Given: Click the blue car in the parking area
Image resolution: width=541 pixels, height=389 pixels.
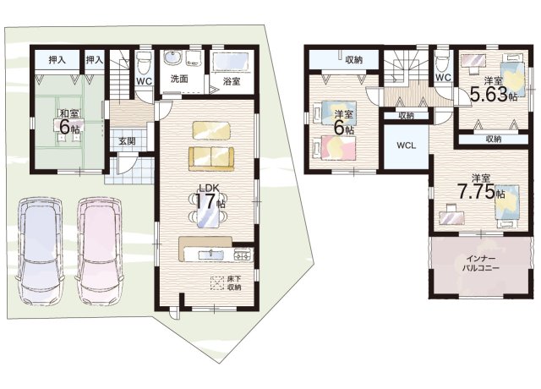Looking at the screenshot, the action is pyautogui.click(x=40, y=251).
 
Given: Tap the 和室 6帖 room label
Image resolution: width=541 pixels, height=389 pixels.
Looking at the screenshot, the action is pyautogui.click(x=69, y=122).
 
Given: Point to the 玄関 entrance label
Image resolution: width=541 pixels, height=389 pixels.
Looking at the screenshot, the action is pyautogui.click(x=128, y=141).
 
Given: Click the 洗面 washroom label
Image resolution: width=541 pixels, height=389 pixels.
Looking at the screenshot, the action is pyautogui.click(x=179, y=79).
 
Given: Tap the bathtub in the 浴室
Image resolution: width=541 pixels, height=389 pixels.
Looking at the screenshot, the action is pyautogui.click(x=232, y=62).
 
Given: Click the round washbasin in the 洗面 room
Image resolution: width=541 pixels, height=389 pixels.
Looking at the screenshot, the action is pyautogui.click(x=171, y=58).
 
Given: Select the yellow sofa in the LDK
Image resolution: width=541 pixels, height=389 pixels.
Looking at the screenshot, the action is pyautogui.click(x=210, y=158).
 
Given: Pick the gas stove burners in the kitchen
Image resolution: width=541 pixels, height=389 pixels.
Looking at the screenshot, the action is pyautogui.click(x=243, y=255).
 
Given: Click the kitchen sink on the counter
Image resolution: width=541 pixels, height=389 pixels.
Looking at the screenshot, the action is pyautogui.click(x=210, y=255).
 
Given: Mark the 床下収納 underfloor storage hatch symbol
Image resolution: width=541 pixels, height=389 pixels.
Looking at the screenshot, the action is pyautogui.click(x=217, y=283).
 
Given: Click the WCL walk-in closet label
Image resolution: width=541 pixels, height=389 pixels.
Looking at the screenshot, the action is pyautogui.click(x=406, y=145).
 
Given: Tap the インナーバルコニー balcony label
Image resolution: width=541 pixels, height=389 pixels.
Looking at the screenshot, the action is pyautogui.click(x=481, y=263).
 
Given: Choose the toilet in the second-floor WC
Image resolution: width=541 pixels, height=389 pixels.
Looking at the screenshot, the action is pyautogui.click(x=441, y=62).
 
